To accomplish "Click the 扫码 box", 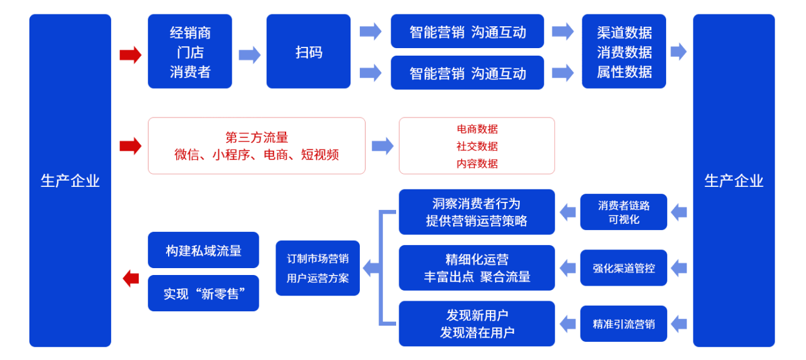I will pos(309,52).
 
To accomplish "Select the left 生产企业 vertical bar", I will pos(70,181).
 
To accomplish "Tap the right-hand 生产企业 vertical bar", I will pos(734,181).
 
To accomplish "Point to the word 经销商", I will pos(190,32).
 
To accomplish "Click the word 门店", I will pos(190,52).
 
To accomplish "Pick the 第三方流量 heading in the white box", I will pos(256,137).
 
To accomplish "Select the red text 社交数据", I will pos(477,146).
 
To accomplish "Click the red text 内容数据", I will pos(477,164).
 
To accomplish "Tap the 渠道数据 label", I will pos(624,32).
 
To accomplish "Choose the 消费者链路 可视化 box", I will pos(623,212).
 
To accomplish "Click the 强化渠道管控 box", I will pos(623,268).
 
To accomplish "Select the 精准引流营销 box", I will pos(623,324).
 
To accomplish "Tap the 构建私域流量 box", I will pos(203,251).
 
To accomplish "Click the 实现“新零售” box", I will pos(203,293).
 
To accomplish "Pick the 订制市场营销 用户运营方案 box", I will pos(317,268).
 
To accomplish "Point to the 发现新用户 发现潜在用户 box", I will pos(477,324).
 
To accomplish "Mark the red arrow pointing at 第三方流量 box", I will pos(131,146).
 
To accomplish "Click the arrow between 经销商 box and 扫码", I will pos(249,55).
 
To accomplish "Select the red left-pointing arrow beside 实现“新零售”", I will pos(131,278).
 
